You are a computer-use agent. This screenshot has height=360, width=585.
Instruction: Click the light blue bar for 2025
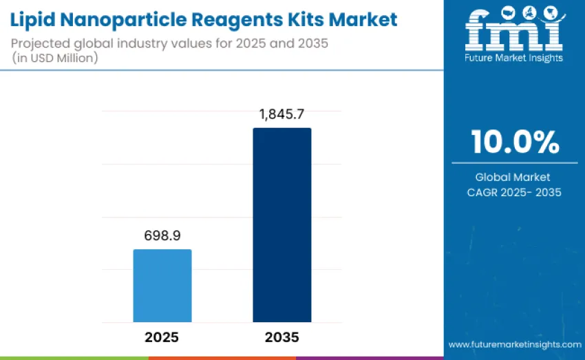(x=162, y=285)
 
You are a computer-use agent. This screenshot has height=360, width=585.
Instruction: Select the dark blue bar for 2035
(x=281, y=224)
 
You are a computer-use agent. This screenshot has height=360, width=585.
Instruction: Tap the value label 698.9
(x=162, y=236)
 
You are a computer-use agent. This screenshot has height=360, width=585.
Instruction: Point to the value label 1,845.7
(x=281, y=115)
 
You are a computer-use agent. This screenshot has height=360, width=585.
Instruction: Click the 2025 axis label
(x=162, y=337)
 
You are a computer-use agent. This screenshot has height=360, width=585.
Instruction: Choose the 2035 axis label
(x=281, y=337)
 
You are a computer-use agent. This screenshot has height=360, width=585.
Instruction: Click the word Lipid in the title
(x=33, y=19)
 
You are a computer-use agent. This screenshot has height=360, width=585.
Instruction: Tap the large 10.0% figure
(x=514, y=142)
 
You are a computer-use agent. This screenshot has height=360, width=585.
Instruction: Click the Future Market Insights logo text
(x=514, y=58)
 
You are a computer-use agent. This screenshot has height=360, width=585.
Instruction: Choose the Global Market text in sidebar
(x=514, y=177)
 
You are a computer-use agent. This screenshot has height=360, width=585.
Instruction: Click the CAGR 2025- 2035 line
(x=514, y=192)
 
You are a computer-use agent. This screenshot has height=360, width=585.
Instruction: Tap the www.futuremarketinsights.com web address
(x=514, y=343)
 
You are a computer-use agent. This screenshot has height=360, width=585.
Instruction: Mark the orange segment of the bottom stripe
(x=222, y=358)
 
